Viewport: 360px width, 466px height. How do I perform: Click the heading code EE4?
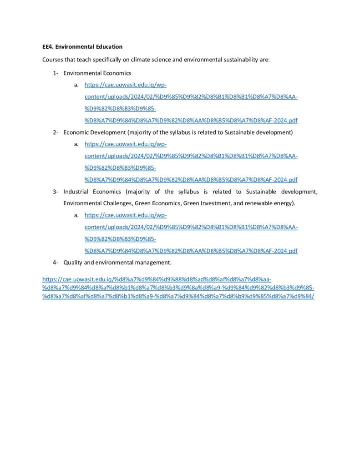[x=48, y=46]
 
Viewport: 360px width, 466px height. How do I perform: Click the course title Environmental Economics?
[x=97, y=73]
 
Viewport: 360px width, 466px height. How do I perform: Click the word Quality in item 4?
[x=73, y=262]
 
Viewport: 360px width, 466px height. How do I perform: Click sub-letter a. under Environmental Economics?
[x=76, y=85]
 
